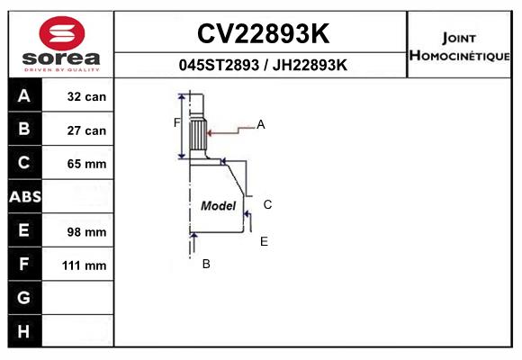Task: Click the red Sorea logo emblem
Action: tap(62, 33)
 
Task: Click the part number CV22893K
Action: tap(264, 33)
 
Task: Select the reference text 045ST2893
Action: tap(219, 65)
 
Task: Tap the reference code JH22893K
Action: tap(310, 65)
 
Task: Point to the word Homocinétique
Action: tap(459, 56)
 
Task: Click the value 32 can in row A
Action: tap(86, 96)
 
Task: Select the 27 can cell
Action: tap(86, 130)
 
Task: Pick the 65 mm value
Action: tap(86, 164)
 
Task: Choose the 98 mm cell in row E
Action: tap(86, 232)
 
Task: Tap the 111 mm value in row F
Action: tap(85, 265)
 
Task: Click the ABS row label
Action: tap(25, 196)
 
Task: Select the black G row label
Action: tap(25, 297)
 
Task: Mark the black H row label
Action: tap(25, 331)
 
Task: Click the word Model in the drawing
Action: tap(219, 206)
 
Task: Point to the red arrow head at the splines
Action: tap(210, 133)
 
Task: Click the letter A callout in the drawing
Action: tap(261, 124)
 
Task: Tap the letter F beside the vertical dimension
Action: tap(176, 123)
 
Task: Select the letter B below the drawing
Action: tap(206, 264)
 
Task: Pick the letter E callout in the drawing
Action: tap(264, 241)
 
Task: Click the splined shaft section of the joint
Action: tap(198, 135)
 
